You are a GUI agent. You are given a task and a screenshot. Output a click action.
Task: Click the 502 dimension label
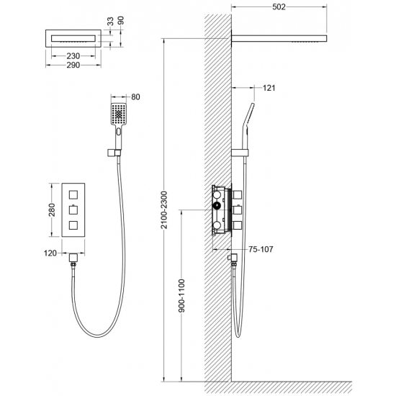(279, 6)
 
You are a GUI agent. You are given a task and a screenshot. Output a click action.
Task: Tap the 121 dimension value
(269, 88)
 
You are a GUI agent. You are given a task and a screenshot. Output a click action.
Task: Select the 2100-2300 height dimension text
(164, 210)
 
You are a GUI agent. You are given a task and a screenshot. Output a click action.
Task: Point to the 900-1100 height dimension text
(181, 296)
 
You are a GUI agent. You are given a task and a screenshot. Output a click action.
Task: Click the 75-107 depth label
(261, 249)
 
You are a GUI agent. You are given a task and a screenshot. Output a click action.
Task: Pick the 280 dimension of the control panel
(52, 210)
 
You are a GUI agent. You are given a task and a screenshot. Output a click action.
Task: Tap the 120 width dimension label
(50, 253)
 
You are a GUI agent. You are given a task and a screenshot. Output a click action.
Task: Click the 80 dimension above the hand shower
(135, 97)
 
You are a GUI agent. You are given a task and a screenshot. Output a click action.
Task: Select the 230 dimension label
(73, 56)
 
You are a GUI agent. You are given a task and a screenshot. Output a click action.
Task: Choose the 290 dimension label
(73, 65)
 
